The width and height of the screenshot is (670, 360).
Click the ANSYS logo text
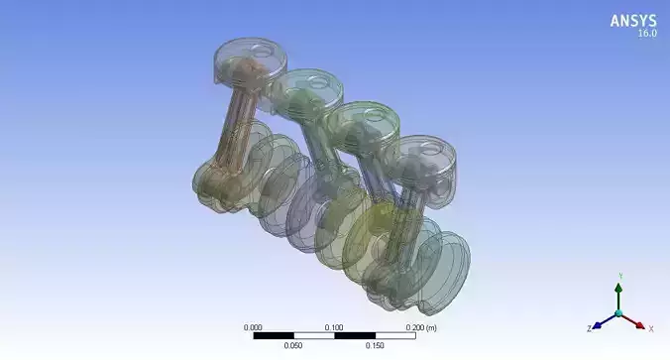coord(632,20)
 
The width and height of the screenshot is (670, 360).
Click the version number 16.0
coord(645,34)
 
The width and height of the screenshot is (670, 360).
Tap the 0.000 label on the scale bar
coord(254,326)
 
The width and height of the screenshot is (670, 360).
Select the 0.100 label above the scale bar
coord(334,326)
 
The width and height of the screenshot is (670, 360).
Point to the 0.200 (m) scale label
coord(420,326)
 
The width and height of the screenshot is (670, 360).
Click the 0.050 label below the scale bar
coord(293,346)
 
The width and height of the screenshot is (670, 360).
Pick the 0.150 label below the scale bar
coord(374,346)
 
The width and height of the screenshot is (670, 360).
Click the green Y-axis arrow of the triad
coord(618,295)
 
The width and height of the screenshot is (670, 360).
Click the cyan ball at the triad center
coord(618,313)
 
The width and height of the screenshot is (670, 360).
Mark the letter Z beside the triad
coord(589,326)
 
